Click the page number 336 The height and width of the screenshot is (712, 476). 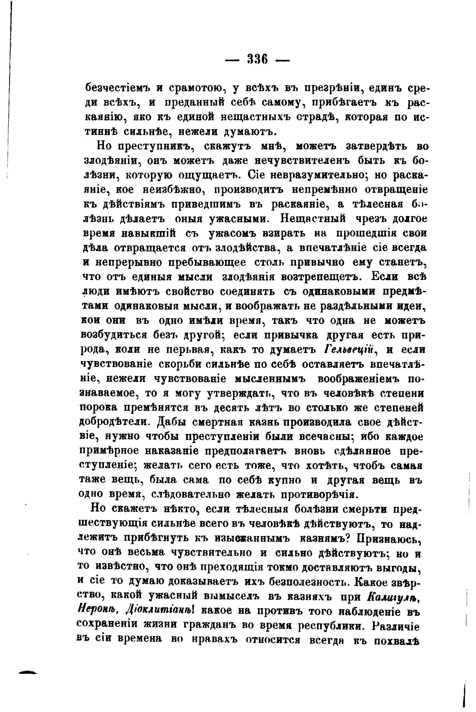coord(257,58)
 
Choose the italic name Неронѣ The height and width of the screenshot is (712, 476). coord(99,611)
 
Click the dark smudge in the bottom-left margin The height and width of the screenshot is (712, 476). coord(25,672)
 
